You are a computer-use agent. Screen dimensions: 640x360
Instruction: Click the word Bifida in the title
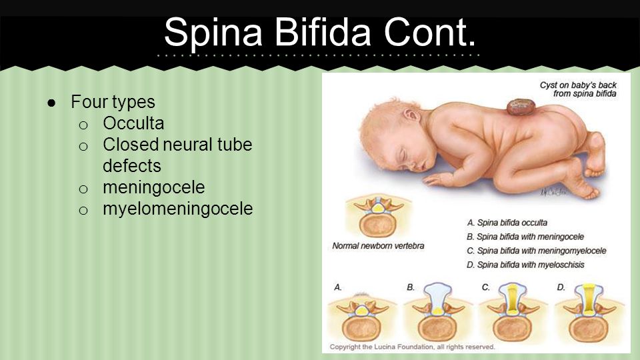(x=323, y=32)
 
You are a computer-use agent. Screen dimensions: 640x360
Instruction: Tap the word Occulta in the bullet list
(x=133, y=123)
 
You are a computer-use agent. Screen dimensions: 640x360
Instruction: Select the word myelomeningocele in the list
(x=178, y=209)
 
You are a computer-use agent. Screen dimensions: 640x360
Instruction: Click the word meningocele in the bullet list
(x=154, y=188)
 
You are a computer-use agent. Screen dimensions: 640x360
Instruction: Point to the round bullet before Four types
(x=51, y=103)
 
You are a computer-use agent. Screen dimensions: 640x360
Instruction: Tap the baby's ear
(x=411, y=115)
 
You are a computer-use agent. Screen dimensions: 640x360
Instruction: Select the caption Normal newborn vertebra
(x=378, y=246)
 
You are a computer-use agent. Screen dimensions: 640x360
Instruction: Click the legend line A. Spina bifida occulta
(x=507, y=223)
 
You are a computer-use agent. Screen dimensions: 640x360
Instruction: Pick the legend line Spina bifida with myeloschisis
(x=525, y=265)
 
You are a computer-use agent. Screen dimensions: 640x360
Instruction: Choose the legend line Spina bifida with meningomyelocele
(x=536, y=251)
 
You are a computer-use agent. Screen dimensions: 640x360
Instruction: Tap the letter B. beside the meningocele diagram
(x=411, y=287)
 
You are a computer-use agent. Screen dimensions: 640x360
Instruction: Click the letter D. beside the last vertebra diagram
(x=561, y=287)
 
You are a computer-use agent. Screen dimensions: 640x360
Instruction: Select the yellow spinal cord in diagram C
(x=513, y=300)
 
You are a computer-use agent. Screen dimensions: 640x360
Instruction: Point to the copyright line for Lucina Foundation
(x=412, y=347)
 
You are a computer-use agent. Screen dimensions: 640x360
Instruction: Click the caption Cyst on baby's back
(x=578, y=89)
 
